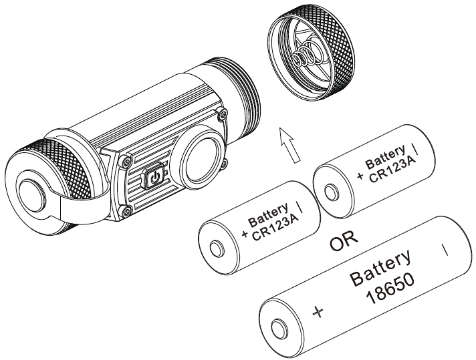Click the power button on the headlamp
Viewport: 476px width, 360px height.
(155, 178)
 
